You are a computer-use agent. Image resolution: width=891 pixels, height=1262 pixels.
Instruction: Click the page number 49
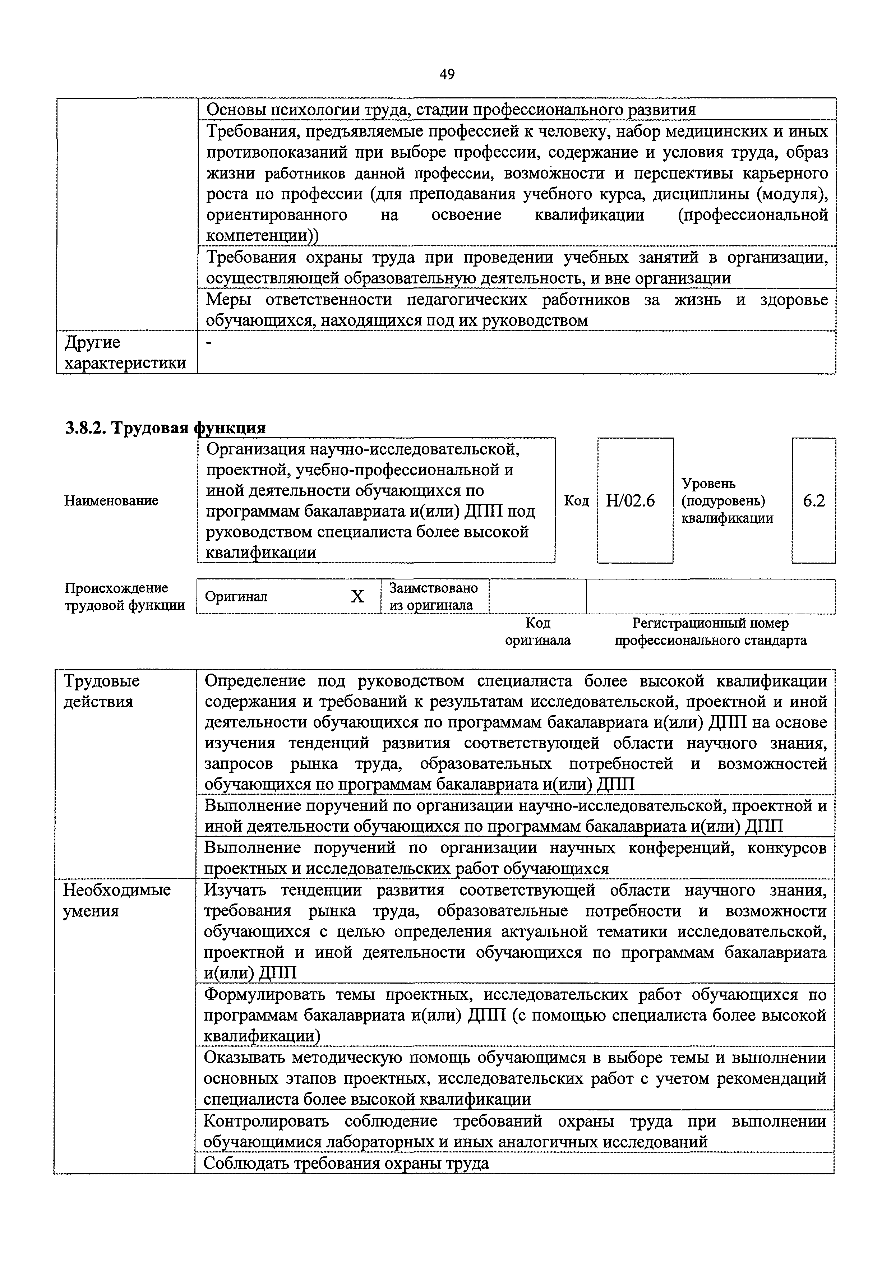click(x=447, y=74)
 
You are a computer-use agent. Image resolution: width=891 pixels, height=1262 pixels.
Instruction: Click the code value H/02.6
click(x=631, y=501)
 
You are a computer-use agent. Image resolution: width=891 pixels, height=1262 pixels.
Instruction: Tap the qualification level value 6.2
click(x=813, y=501)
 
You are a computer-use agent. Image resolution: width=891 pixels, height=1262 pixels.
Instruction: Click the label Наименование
click(x=111, y=501)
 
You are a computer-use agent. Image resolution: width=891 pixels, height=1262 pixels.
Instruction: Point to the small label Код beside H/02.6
click(x=577, y=501)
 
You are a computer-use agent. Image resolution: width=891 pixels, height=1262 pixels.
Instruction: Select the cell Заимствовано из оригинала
click(x=433, y=596)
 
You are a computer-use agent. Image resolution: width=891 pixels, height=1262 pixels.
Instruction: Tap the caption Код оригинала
click(x=537, y=632)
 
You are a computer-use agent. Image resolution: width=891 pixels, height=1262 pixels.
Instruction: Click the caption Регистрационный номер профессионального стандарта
click(x=710, y=632)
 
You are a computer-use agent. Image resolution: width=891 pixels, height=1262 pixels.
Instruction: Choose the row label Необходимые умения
click(x=116, y=900)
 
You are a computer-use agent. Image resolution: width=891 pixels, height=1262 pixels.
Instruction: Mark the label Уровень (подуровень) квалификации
click(x=727, y=501)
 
